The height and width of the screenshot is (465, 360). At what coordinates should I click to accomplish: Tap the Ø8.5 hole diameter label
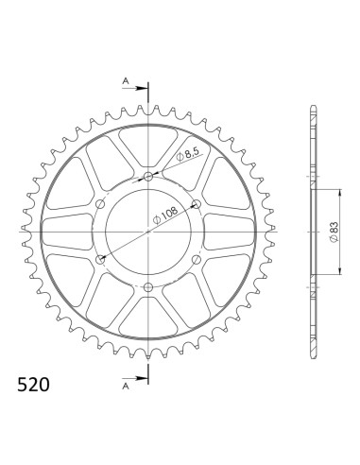pyautogui.click(x=187, y=151)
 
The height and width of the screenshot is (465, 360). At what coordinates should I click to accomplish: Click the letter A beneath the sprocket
pyautogui.click(x=126, y=386)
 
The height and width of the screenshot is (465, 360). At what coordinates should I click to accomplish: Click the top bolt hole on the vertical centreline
pyautogui.click(x=148, y=177)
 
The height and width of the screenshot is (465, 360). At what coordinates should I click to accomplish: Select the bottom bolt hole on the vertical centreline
pyautogui.click(x=148, y=286)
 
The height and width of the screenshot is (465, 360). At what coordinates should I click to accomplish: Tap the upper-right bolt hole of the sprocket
pyautogui.click(x=196, y=204)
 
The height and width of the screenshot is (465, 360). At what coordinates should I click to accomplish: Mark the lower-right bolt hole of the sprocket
pyautogui.click(x=196, y=259)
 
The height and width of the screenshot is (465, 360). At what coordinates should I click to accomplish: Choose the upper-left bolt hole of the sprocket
pyautogui.click(x=101, y=204)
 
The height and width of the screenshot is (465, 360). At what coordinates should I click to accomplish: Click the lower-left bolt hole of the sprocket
pyautogui.click(x=101, y=259)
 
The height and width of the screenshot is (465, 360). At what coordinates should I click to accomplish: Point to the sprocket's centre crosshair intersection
pyautogui.click(x=148, y=232)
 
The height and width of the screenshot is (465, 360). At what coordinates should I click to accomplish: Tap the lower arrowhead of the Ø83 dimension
pyautogui.click(x=330, y=273)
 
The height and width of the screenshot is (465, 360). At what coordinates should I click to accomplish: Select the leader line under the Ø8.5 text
pyautogui.click(x=180, y=162)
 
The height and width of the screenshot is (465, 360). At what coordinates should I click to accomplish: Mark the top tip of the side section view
pyautogui.click(x=312, y=104)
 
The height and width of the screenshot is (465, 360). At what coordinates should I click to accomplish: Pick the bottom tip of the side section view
pyautogui.click(x=312, y=359)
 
